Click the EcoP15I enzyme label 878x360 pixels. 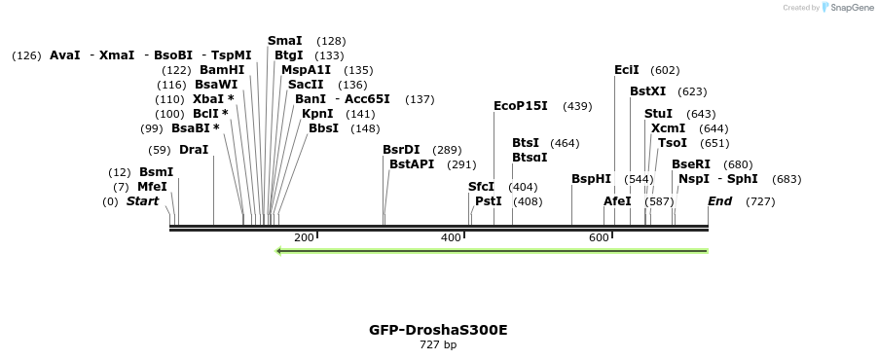point(521,105)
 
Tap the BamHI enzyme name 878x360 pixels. point(222,69)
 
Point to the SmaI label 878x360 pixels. point(284,40)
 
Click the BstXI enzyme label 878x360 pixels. point(647,90)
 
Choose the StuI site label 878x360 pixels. point(658,114)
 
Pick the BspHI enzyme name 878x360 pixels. point(591,179)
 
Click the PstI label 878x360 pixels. point(489,201)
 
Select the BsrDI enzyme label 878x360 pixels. point(401,149)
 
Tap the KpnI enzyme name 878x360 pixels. point(317,113)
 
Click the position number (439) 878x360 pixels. point(577,106)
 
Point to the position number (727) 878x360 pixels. point(760,201)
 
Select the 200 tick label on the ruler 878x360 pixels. point(304,237)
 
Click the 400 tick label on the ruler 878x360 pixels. point(451,237)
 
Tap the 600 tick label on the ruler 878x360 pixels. point(599,237)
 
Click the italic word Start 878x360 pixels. point(142,201)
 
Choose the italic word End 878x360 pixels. point(719,201)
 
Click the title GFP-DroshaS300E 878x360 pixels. point(438,329)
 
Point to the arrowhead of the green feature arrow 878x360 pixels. point(279,251)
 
